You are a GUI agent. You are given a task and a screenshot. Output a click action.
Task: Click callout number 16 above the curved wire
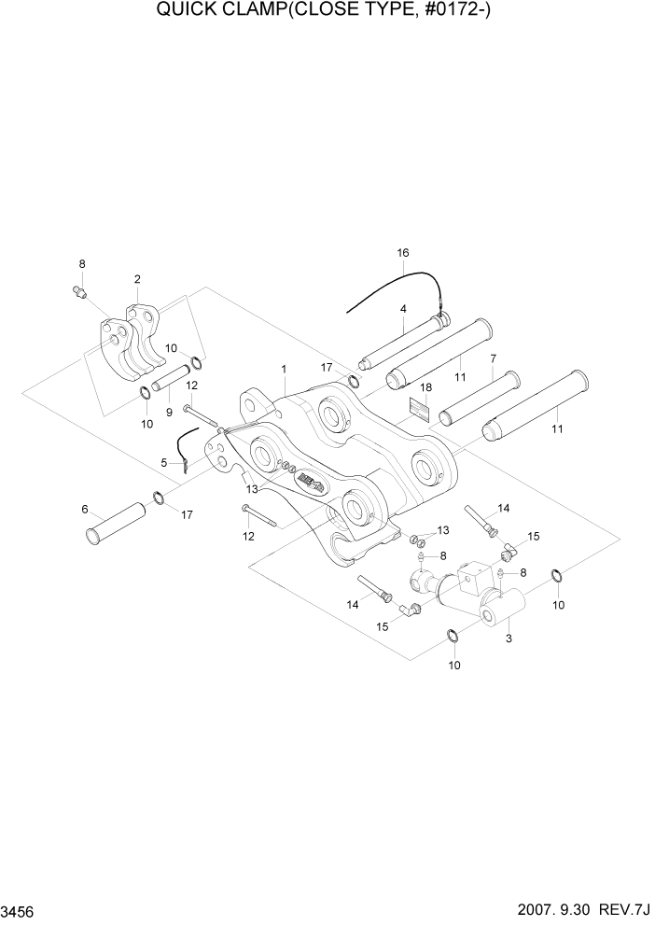pos(403,253)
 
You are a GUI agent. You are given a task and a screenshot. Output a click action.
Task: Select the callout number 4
pos(403,309)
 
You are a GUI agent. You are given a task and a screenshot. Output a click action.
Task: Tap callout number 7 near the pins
pos(493,358)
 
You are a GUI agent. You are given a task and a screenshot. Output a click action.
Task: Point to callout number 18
pos(425,386)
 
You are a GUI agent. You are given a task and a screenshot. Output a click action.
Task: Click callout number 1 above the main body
pos(284,370)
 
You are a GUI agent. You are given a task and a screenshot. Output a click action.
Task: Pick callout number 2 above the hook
pos(137,279)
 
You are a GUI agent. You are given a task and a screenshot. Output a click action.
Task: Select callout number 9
pos(169,412)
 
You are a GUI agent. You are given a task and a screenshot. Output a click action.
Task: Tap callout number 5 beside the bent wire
pos(163,462)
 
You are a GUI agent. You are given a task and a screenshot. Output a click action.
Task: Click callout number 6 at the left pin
pos(85,509)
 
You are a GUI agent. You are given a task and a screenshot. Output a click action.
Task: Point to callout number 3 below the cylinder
pos(509,639)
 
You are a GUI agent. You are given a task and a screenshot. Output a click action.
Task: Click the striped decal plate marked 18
pos(419,409)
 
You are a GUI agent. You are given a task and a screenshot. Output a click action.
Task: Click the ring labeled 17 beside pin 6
pos(158,498)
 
